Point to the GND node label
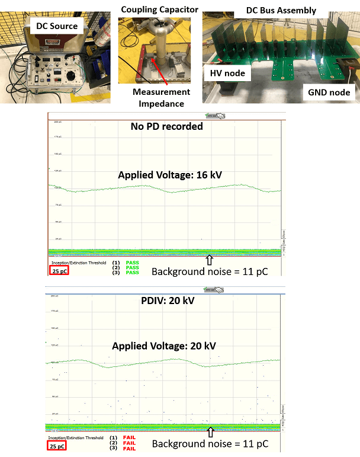(x=329, y=92)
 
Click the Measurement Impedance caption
(x=161, y=97)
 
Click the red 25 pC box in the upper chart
(x=59, y=271)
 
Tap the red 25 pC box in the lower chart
(x=59, y=445)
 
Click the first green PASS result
(x=132, y=261)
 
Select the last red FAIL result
(x=130, y=449)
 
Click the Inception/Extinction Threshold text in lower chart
(x=72, y=437)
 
